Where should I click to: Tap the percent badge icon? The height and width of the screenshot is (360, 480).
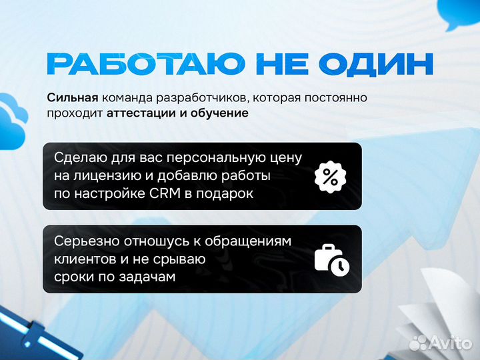click(x=331, y=177)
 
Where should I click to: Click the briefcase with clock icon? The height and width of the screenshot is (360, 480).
click(x=331, y=259)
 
